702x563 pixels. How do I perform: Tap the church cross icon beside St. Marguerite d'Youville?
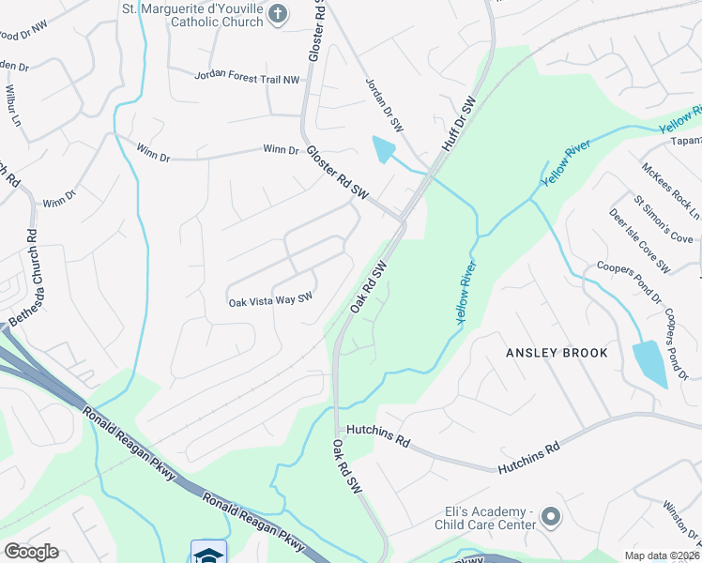coord(276,13)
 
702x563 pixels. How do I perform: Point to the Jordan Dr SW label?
coord(383,104)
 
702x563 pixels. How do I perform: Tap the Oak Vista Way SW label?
coord(270,300)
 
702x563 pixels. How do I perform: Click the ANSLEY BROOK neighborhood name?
coord(557,353)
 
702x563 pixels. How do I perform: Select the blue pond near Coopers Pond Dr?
coord(649,363)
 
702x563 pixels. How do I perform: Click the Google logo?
coord(30,552)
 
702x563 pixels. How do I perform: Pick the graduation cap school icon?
coord(208,553)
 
